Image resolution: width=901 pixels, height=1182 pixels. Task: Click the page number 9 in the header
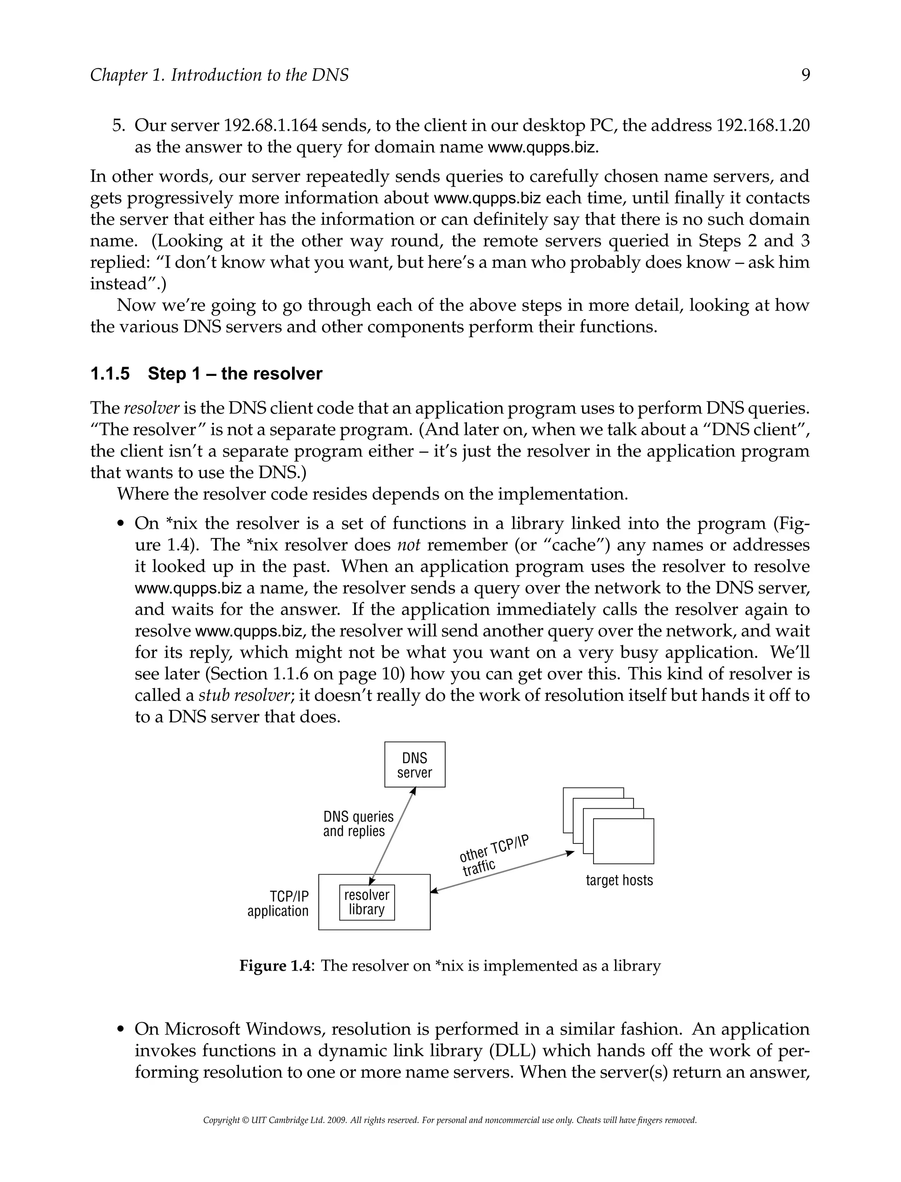coord(805,75)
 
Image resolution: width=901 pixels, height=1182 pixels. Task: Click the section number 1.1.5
coord(110,373)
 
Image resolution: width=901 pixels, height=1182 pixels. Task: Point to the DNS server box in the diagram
coord(414,765)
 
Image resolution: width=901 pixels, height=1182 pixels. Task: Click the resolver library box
coord(367,902)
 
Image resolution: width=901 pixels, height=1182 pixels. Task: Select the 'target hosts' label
coord(619,880)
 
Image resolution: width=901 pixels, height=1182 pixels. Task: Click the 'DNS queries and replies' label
coord(358,824)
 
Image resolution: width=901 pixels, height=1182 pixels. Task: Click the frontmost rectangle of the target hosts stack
coord(623,841)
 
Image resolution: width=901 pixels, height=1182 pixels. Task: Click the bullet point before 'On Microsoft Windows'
coord(121,1030)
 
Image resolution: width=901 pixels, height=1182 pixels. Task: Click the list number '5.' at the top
coord(118,125)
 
